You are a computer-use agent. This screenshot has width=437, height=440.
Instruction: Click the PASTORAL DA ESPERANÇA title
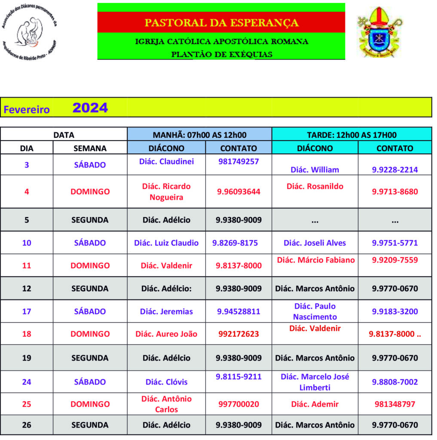(221, 22)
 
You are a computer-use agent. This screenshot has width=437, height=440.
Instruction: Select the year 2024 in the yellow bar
(90, 107)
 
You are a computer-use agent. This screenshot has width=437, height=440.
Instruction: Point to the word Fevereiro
(27, 110)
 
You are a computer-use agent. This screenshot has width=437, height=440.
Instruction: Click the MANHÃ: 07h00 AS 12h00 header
(200, 134)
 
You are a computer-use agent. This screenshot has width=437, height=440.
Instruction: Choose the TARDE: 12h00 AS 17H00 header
(352, 134)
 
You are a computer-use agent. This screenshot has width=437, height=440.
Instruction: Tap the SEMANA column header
(90, 148)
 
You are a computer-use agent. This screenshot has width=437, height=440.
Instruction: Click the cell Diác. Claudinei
(166, 162)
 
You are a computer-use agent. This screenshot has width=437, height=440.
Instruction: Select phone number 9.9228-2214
(395, 170)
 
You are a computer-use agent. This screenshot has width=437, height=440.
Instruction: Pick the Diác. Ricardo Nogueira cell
(166, 192)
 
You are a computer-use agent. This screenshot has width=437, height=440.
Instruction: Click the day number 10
(27, 243)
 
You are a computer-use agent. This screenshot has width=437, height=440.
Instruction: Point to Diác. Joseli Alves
(315, 243)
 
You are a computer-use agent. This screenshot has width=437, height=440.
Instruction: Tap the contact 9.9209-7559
(395, 260)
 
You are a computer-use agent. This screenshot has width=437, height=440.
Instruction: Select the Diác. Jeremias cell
(166, 312)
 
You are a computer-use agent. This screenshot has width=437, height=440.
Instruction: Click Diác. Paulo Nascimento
(315, 312)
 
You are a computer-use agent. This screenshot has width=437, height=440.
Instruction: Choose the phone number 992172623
(238, 334)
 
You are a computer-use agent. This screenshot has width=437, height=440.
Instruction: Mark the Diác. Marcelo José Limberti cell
(315, 382)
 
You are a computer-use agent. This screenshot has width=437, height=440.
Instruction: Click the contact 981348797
(395, 404)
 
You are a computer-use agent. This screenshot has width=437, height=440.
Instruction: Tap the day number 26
(27, 425)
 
